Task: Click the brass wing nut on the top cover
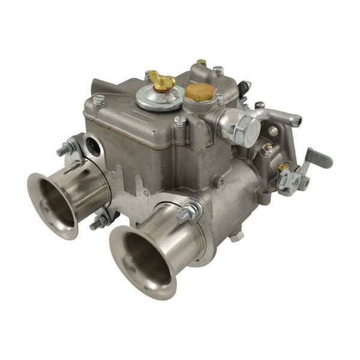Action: [163, 79]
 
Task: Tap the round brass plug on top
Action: [200, 91]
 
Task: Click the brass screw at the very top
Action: [202, 62]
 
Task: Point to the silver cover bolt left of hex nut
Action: [179, 121]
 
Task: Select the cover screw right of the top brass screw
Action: [219, 70]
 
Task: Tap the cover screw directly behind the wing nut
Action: [148, 76]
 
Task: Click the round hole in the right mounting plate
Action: [274, 131]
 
